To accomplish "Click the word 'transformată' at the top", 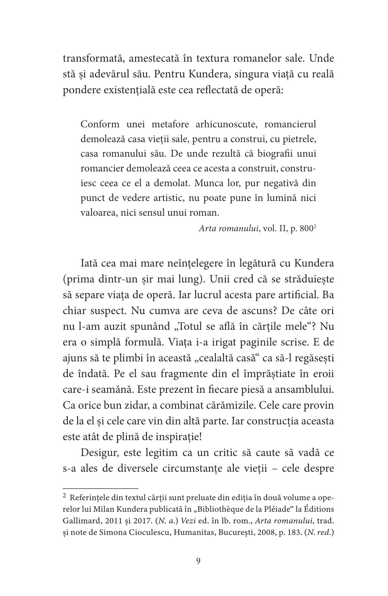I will coord(90,60).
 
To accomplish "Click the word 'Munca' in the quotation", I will coord(207,183).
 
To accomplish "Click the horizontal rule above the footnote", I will coord(100,488).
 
